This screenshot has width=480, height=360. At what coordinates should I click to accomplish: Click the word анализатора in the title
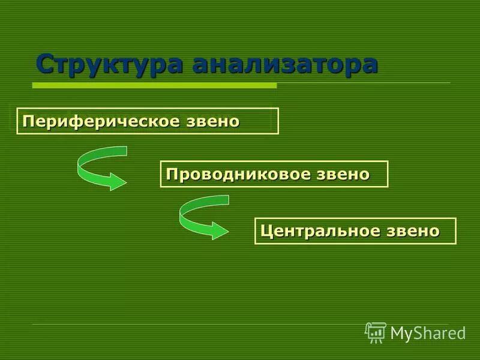pyautogui.click(x=285, y=64)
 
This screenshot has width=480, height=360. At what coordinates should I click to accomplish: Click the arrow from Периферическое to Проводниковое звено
pyautogui.click(x=99, y=168)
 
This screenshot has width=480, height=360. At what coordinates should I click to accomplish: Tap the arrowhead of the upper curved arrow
pyautogui.click(x=116, y=180)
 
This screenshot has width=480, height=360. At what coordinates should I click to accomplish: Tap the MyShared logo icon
pyautogui.click(x=376, y=332)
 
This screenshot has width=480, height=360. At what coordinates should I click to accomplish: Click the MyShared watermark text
pyautogui.click(x=428, y=333)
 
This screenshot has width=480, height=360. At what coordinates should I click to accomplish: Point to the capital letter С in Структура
pyautogui.click(x=44, y=64)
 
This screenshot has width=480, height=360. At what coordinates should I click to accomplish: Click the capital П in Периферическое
pyautogui.click(x=28, y=121)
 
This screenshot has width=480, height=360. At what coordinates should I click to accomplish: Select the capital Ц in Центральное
pyautogui.click(x=266, y=231)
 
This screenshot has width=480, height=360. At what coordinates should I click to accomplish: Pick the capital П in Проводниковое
pyautogui.click(x=172, y=175)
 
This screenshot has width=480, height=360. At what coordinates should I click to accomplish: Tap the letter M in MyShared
pyautogui.click(x=397, y=333)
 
